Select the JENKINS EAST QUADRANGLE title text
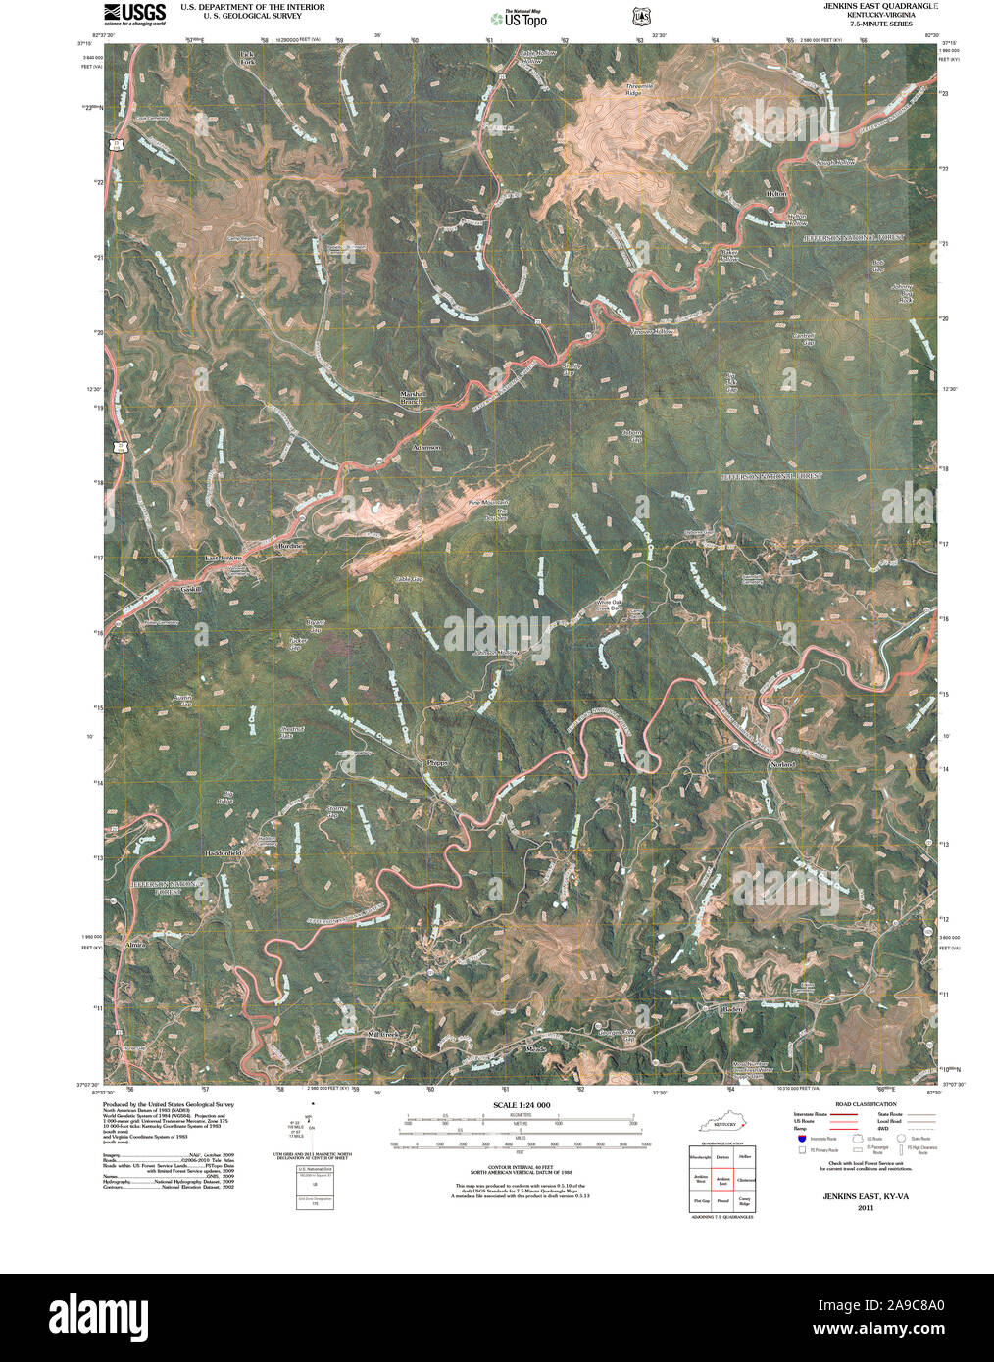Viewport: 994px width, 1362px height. tap(880, 6)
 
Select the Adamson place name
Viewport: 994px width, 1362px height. tap(426, 447)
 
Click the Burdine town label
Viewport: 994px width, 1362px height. tap(290, 545)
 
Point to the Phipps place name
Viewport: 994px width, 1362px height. tap(437, 762)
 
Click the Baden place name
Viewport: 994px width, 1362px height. tap(732, 1008)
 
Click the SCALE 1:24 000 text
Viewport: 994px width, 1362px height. tap(522, 1105)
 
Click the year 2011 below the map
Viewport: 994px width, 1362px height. tap(865, 1207)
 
